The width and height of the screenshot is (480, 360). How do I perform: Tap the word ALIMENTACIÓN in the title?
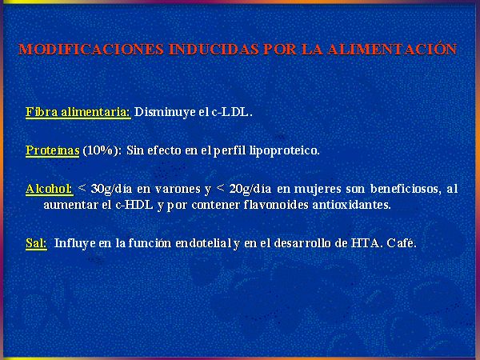[x=392, y=49]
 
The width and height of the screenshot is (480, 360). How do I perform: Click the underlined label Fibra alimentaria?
[x=78, y=112]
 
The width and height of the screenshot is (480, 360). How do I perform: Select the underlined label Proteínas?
[x=52, y=150]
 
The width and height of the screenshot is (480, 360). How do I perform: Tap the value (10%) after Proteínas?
[x=102, y=150]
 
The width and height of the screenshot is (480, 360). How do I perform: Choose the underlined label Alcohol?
[x=50, y=189]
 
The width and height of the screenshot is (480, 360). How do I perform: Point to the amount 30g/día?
[x=111, y=189]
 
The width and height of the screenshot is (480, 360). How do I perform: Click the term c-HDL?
[x=134, y=205]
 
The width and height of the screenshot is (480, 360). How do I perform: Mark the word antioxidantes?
[x=352, y=205]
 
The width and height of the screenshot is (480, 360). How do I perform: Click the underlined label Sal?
[x=36, y=243]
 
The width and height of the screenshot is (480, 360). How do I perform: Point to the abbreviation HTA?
[x=366, y=243]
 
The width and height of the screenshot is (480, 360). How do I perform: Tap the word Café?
[x=402, y=243]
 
